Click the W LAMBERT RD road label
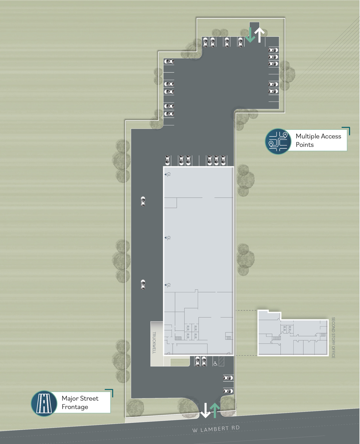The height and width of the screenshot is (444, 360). [x=216, y=428]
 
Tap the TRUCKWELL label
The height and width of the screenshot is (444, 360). [x=155, y=343]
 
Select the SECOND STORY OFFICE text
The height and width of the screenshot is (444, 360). [x=333, y=337]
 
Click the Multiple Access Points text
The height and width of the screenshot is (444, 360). [x=318, y=141]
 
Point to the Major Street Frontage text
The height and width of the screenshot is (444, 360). [x=80, y=403]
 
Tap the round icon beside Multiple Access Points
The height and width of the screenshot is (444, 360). [x=279, y=141]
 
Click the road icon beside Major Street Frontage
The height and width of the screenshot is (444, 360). [x=44, y=403]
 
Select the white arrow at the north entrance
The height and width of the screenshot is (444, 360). [x=260, y=35]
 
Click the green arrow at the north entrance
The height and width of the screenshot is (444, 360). [x=250, y=35]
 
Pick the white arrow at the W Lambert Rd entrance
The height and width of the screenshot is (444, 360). [x=204, y=410]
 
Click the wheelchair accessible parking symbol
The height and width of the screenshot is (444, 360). [x=215, y=363]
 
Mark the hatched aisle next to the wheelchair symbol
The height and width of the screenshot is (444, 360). [x=221, y=361]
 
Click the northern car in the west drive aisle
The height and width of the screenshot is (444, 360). [x=143, y=201]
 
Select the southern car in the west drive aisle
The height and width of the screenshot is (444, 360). [x=143, y=284]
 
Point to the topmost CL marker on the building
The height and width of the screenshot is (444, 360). [x=167, y=174]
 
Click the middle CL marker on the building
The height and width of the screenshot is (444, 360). [x=167, y=238]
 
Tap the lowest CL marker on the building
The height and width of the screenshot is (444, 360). [x=167, y=285]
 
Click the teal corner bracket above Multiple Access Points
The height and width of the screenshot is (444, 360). [x=347, y=130]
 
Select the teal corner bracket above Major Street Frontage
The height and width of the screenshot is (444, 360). [x=110, y=392]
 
